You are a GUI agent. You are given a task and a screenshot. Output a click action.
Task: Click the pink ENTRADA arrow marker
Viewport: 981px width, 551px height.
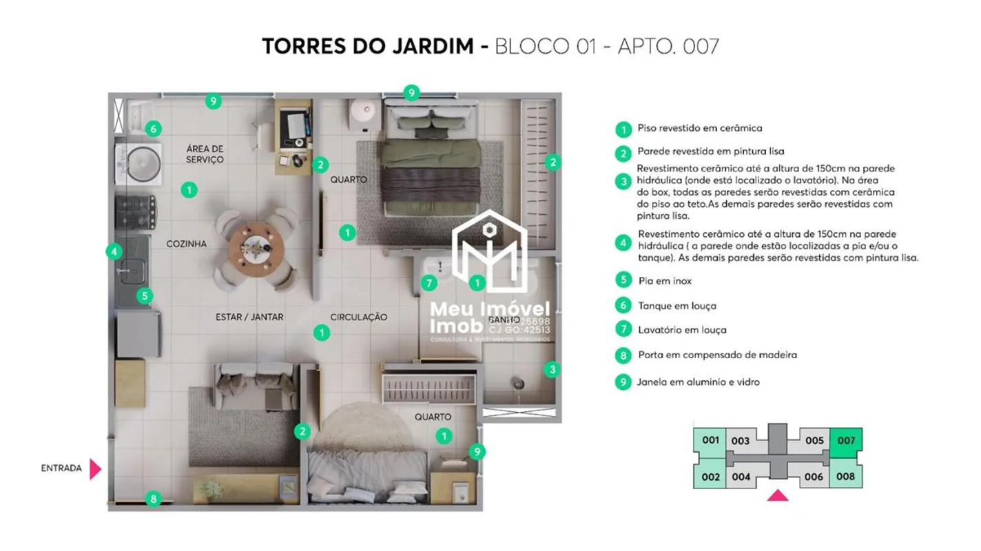(95, 469)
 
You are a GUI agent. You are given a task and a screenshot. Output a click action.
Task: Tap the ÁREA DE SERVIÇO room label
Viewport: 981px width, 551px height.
(205, 154)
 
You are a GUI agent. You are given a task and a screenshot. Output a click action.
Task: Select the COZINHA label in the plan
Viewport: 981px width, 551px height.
(186, 244)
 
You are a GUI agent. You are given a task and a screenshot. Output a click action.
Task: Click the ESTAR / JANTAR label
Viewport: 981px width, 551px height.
(249, 317)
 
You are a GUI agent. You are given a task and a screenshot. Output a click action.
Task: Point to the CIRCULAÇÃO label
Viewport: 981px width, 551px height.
(358, 317)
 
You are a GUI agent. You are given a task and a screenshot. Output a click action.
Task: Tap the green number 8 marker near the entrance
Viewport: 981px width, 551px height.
(154, 499)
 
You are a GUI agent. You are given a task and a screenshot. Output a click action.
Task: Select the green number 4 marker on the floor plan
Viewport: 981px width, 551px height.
(114, 251)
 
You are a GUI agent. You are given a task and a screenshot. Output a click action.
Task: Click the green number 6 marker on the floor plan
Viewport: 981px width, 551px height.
(153, 129)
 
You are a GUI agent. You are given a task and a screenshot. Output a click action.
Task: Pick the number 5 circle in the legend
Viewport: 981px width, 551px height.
(623, 280)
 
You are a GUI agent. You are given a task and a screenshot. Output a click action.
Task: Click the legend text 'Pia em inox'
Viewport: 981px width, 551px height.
(664, 281)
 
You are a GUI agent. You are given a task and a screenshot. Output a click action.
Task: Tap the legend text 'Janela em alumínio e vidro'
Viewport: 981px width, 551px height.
(699, 382)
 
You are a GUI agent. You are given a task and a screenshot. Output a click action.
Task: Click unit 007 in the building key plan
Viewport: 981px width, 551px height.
(846, 439)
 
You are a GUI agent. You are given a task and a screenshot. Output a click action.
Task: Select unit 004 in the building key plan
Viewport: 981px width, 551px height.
(741, 476)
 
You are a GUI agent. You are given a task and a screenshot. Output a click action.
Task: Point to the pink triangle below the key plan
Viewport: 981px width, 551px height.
(778, 495)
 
